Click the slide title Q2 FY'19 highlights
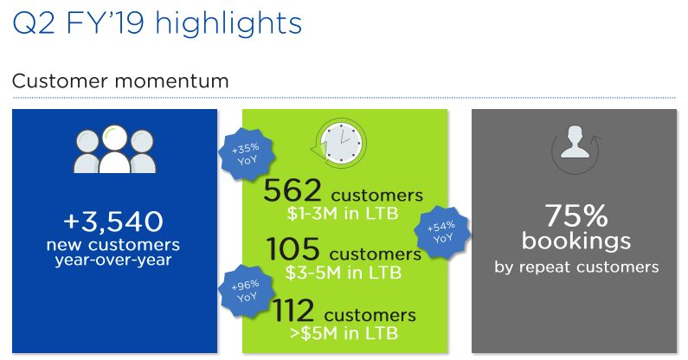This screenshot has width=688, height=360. (158, 23)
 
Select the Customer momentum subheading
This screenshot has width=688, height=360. (120, 81)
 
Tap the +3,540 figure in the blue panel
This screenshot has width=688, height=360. (113, 222)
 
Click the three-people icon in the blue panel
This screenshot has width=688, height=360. (114, 149)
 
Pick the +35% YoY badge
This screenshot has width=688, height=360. (247, 154)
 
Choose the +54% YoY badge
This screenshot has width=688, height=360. (442, 232)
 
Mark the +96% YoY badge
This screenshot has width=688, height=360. (247, 291)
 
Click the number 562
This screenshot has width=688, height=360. (293, 191)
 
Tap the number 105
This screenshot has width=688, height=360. (293, 249)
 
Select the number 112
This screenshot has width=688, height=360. (293, 310)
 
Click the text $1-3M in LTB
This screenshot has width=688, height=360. (343, 214)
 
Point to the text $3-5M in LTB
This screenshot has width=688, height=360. (344, 273)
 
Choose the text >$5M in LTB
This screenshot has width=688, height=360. (344, 333)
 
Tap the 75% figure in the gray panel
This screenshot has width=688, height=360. (576, 215)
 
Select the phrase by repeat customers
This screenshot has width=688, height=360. (576, 267)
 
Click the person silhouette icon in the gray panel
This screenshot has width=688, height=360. (575, 143)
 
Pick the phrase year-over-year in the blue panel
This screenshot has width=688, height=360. (113, 260)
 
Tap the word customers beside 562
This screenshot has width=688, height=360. (377, 196)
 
